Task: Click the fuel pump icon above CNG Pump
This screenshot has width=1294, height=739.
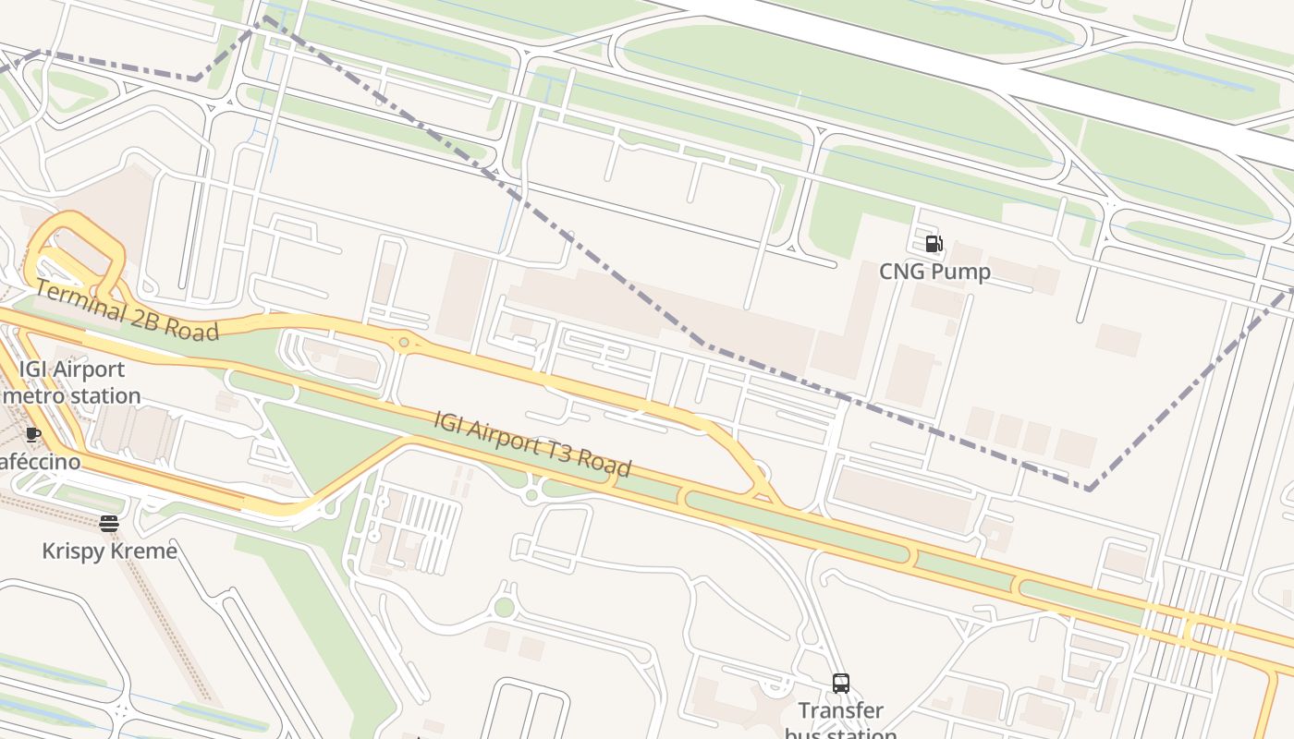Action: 934,244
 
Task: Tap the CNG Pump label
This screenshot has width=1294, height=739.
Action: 934,272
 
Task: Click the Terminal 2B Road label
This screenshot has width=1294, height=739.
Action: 127,311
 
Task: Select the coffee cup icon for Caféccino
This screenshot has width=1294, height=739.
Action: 33,434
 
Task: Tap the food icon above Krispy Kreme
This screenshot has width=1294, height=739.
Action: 109,524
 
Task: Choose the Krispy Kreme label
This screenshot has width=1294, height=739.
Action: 109,551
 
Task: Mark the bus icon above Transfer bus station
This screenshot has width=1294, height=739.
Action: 840,684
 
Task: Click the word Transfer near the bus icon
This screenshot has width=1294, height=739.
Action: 840,710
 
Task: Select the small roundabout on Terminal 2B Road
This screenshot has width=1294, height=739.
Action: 404,343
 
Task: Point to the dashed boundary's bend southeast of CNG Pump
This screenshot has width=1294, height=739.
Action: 1090,489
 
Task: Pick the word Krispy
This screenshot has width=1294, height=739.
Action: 70,551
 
